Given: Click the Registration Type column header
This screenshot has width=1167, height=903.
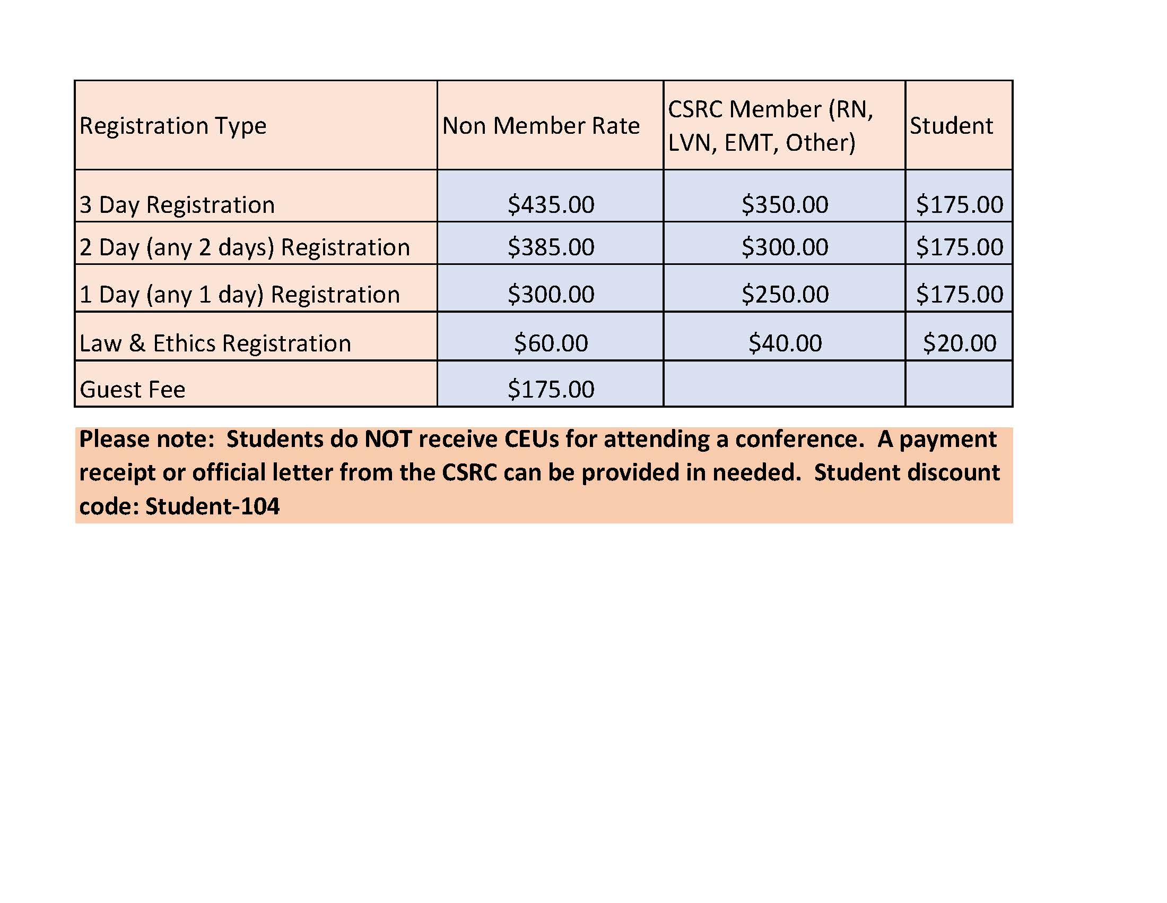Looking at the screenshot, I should pos(172,126).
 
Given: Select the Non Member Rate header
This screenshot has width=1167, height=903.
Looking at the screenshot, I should pos(541,126).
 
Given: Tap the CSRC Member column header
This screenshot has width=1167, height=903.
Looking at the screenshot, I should pos(770,126).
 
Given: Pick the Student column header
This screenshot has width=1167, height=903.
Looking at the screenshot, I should pos(951,126).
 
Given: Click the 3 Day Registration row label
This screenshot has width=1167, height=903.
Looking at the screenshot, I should pos(177,205).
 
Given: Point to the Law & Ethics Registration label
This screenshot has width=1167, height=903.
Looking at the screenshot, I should pos(215,343).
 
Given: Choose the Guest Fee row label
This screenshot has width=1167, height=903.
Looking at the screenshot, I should pos(133,389).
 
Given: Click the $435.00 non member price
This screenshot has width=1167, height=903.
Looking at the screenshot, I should pos(551,205).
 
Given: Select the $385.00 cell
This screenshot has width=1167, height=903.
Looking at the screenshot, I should pos(551,247).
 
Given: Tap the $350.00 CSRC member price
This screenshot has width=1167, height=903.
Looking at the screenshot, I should pos(785,205).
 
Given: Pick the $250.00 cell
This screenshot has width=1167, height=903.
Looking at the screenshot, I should pos(785,294).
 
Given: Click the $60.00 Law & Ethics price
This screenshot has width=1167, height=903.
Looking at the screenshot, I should pos(551,343).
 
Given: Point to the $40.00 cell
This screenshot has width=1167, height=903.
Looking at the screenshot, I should pos(785,343).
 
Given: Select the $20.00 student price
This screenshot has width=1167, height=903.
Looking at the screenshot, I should pos(959,343).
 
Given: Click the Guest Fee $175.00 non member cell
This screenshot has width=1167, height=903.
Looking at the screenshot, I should pos(551,389).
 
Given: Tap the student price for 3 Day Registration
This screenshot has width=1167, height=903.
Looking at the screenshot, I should pos(959,205).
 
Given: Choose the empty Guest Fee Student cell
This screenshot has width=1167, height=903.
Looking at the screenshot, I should pos(959,384).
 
